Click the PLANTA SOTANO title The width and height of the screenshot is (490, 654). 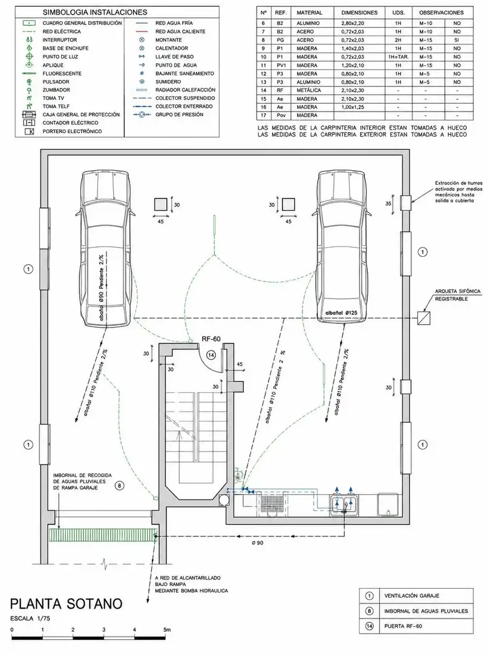click(67, 604)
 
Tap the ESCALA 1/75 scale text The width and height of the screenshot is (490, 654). click(30, 618)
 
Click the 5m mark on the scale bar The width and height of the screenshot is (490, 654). click(167, 629)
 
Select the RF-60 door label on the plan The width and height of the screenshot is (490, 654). click(211, 339)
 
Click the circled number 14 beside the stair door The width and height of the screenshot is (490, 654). click(211, 355)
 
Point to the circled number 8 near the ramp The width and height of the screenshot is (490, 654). click(120, 486)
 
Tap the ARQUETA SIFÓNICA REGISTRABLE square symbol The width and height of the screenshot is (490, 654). click(423, 319)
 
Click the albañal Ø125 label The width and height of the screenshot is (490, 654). click(341, 313)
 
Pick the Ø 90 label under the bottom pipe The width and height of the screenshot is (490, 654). click(258, 543)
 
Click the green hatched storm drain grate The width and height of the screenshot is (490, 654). click(103, 534)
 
